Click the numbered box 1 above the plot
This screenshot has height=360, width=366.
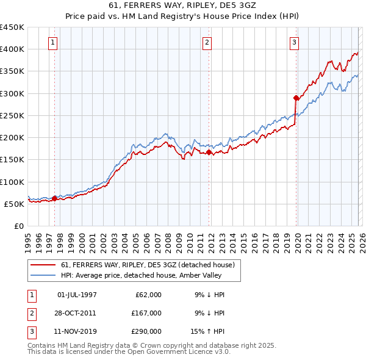(54, 42)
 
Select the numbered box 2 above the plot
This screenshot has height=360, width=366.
(207, 42)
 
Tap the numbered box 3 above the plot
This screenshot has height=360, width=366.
(294, 42)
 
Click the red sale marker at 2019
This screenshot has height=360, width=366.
(296, 98)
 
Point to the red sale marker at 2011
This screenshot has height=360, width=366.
(209, 152)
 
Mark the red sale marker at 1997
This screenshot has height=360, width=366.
(54, 198)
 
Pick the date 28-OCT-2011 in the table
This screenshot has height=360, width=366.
(76, 312)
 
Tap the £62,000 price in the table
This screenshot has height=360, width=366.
(148, 295)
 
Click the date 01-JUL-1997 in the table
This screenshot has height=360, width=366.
(77, 295)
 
